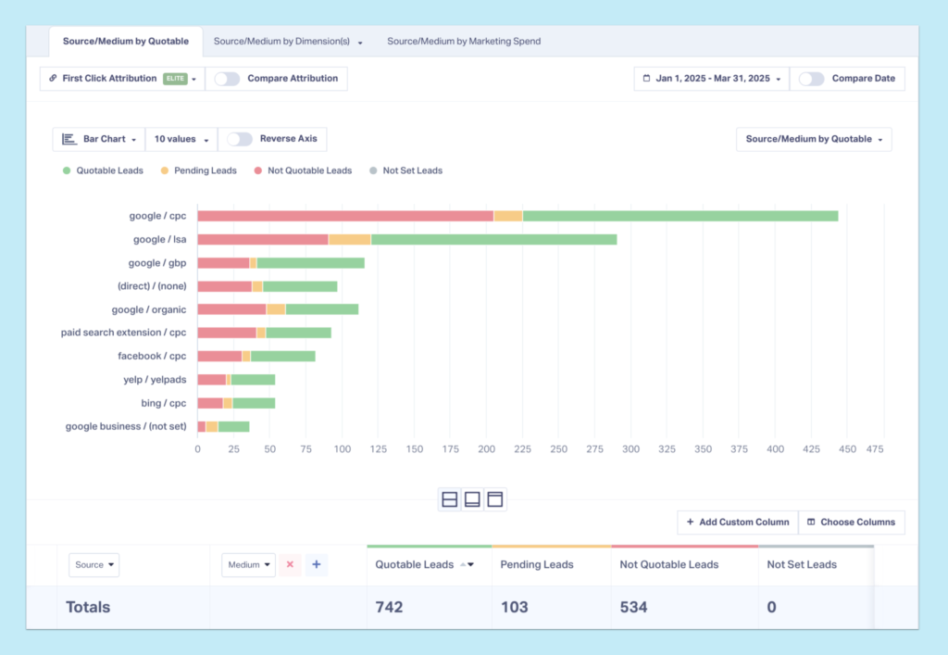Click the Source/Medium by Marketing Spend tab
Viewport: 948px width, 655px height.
pyautogui.click(x=463, y=41)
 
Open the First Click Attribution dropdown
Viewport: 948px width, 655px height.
pyautogui.click(x=122, y=79)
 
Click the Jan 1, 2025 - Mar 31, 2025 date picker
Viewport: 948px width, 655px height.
pyautogui.click(x=712, y=79)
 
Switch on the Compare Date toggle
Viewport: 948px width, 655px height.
pyautogui.click(x=812, y=79)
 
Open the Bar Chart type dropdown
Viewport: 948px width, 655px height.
pyautogui.click(x=99, y=139)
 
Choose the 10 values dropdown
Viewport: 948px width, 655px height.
pyautogui.click(x=181, y=139)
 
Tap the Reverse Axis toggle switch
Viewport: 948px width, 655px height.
pyautogui.click(x=240, y=139)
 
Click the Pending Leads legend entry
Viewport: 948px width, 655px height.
pyautogui.click(x=198, y=170)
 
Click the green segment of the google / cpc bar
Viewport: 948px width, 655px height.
pyautogui.click(x=680, y=216)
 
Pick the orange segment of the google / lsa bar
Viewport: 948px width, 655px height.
pyautogui.click(x=349, y=239)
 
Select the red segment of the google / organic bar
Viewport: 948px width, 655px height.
pyautogui.click(x=231, y=309)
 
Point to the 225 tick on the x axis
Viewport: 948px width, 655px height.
pyautogui.click(x=522, y=449)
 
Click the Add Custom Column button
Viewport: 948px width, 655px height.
pyautogui.click(x=737, y=522)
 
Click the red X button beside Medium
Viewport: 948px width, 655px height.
pyautogui.click(x=290, y=564)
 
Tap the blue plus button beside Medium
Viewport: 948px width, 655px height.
pyautogui.click(x=316, y=564)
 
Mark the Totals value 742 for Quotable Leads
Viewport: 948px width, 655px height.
pyautogui.click(x=390, y=607)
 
